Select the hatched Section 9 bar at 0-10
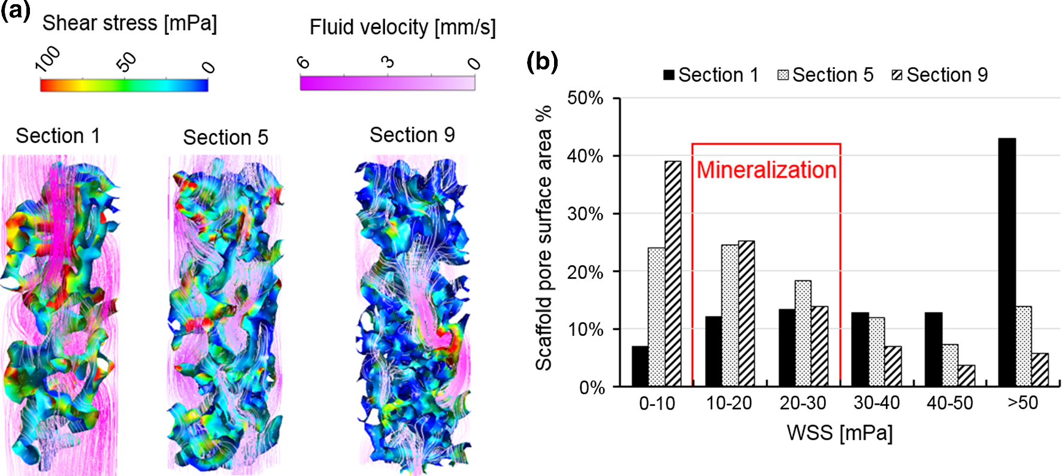[x=673, y=274]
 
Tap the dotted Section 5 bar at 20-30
[x=803, y=333]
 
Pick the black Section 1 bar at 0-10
[x=640, y=366]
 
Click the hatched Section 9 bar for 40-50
[x=966, y=375]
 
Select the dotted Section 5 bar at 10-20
[x=730, y=315]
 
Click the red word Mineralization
[x=766, y=170]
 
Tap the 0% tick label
[x=592, y=388]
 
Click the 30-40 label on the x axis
[x=876, y=404]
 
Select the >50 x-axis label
[x=1022, y=403]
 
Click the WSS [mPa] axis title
[x=839, y=432]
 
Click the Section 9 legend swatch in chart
[x=897, y=75]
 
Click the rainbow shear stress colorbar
[x=124, y=85]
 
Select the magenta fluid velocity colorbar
[x=387, y=83]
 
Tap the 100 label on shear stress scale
[x=48, y=59]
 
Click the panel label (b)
[x=541, y=61]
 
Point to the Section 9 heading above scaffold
[x=412, y=135]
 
